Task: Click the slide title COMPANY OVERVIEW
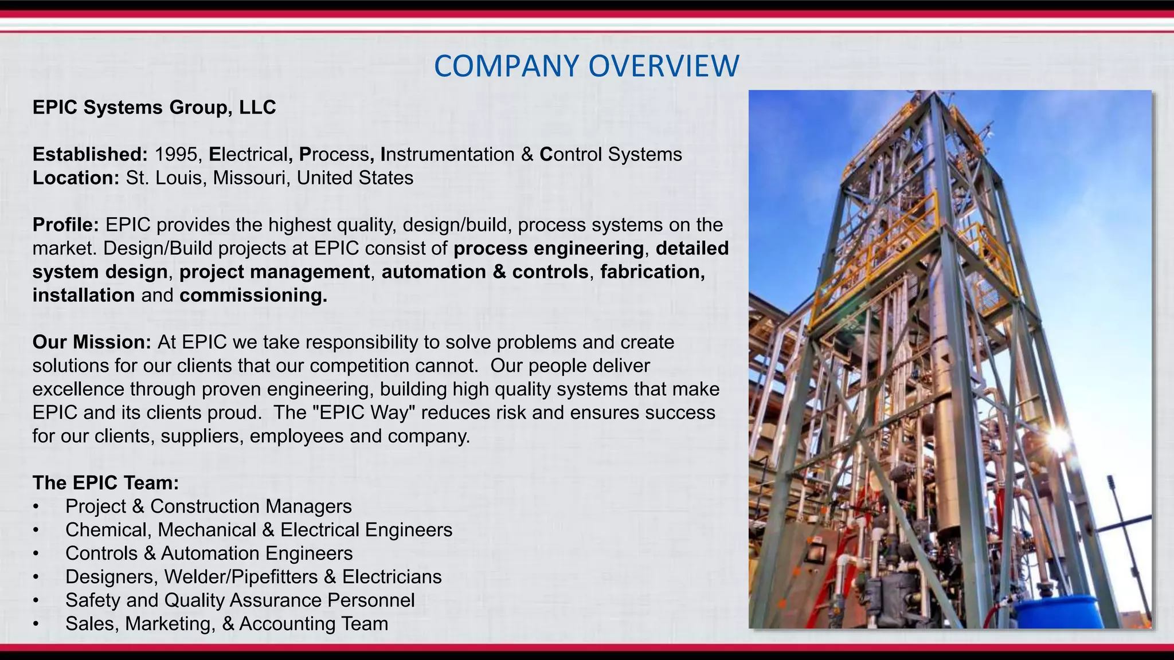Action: tap(586, 66)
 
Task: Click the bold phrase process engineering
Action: tap(549, 249)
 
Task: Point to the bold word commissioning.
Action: tap(253, 296)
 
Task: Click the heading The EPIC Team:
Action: tap(105, 483)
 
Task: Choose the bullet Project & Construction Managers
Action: tap(208, 506)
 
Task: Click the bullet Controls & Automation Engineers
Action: tap(209, 553)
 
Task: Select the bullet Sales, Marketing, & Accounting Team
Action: tap(226, 624)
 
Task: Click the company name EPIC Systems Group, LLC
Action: tap(154, 108)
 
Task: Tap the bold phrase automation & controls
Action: tap(485, 272)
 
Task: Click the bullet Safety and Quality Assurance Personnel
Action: tap(240, 600)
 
